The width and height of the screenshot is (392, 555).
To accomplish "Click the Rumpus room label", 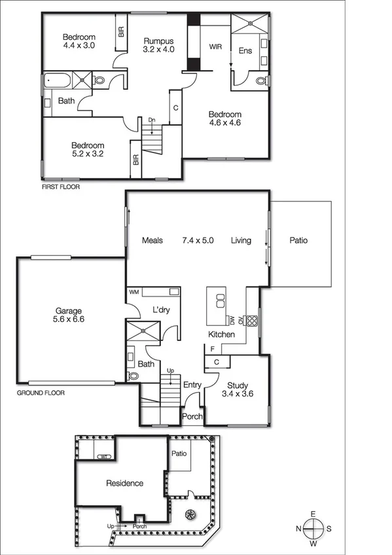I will click(159, 40).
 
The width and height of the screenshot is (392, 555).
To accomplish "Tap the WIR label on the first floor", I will click(215, 47).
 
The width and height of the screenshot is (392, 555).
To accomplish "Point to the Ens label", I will click(245, 51).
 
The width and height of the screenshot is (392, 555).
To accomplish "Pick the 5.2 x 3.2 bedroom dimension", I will click(88, 154).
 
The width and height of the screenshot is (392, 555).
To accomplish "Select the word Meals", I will click(152, 241).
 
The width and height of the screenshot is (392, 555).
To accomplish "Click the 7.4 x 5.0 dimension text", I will click(198, 241).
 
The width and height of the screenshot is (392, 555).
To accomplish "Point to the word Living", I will click(241, 241).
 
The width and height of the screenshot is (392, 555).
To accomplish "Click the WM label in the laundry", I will click(134, 291).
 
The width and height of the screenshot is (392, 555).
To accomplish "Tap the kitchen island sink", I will click(221, 300).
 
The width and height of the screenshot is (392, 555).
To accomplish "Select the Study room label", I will click(238, 385).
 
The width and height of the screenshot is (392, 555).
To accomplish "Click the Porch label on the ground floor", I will click(192, 417).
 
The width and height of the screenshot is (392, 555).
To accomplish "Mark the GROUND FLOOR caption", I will click(40, 393).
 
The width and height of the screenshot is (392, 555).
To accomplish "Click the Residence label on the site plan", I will click(124, 484).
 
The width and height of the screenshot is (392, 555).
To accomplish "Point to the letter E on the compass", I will click(313, 514).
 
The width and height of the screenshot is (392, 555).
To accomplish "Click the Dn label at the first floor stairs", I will click(152, 120).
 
